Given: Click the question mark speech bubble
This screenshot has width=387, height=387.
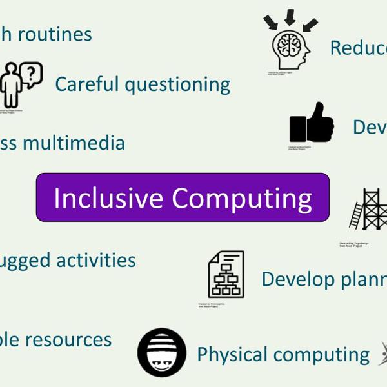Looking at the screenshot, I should pos(31,75).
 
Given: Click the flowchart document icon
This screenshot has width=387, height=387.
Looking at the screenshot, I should pos(226,274).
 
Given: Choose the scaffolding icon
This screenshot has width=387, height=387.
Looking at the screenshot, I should pos(373,209).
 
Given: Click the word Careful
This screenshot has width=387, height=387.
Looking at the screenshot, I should pos(86,84).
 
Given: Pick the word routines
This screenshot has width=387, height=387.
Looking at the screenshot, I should pos(54,34).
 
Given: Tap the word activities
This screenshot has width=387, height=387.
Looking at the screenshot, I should pos(96,260).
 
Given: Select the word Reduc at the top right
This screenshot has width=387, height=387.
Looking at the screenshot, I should pos(358,47).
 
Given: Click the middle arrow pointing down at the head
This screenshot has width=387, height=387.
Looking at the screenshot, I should pos(290,17).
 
